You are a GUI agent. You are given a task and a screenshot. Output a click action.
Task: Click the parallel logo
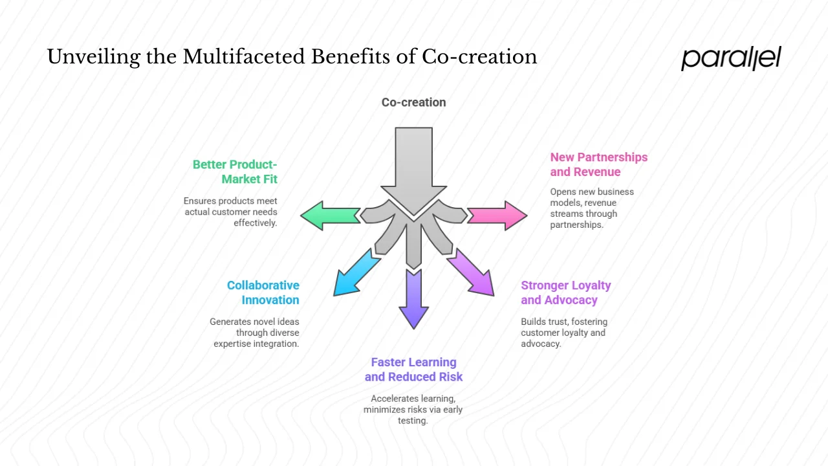(x=731, y=58)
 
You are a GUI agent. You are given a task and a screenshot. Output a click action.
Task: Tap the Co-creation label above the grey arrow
(x=413, y=102)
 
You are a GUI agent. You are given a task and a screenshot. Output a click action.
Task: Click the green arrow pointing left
(x=330, y=216)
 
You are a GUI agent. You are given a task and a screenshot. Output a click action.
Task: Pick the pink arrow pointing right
(x=497, y=216)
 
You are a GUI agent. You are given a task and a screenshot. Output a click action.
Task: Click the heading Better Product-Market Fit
(x=235, y=172)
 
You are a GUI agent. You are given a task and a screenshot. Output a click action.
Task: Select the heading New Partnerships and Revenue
(x=598, y=164)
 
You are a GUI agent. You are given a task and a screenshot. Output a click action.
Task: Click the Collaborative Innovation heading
(x=263, y=293)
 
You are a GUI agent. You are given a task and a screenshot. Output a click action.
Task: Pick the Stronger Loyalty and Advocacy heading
(x=565, y=293)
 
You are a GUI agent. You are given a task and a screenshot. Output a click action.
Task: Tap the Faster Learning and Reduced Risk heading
(x=413, y=370)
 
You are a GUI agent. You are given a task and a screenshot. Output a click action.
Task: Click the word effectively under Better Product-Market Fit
(x=255, y=223)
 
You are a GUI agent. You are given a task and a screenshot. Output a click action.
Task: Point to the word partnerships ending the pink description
(x=577, y=225)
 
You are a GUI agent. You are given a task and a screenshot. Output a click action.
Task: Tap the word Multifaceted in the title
(x=244, y=57)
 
